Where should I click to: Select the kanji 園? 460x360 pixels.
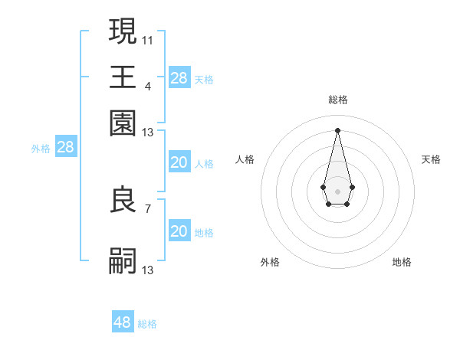tap(123, 123)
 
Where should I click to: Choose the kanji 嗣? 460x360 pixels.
tap(123, 261)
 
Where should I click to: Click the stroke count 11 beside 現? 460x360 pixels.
tap(148, 40)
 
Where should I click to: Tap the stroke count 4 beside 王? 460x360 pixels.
tap(147, 86)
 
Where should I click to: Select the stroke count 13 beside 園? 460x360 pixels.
tap(148, 133)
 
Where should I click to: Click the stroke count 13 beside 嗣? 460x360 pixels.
tap(148, 270)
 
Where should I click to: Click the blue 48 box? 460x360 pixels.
tap(123, 322)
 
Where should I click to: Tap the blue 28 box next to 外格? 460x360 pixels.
tap(65, 148)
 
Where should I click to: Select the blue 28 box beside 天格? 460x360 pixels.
tap(179, 78)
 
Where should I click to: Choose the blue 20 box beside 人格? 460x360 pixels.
tap(179, 162)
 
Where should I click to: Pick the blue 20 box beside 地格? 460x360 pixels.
tap(179, 231)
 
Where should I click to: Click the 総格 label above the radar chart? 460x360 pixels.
tap(337, 100)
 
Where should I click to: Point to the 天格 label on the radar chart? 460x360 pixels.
tap(431, 159)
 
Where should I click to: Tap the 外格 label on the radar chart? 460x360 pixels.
tap(270, 262)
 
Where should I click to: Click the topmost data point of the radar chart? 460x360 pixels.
tap(337, 129)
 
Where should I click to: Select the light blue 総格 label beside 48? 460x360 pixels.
tap(147, 324)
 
